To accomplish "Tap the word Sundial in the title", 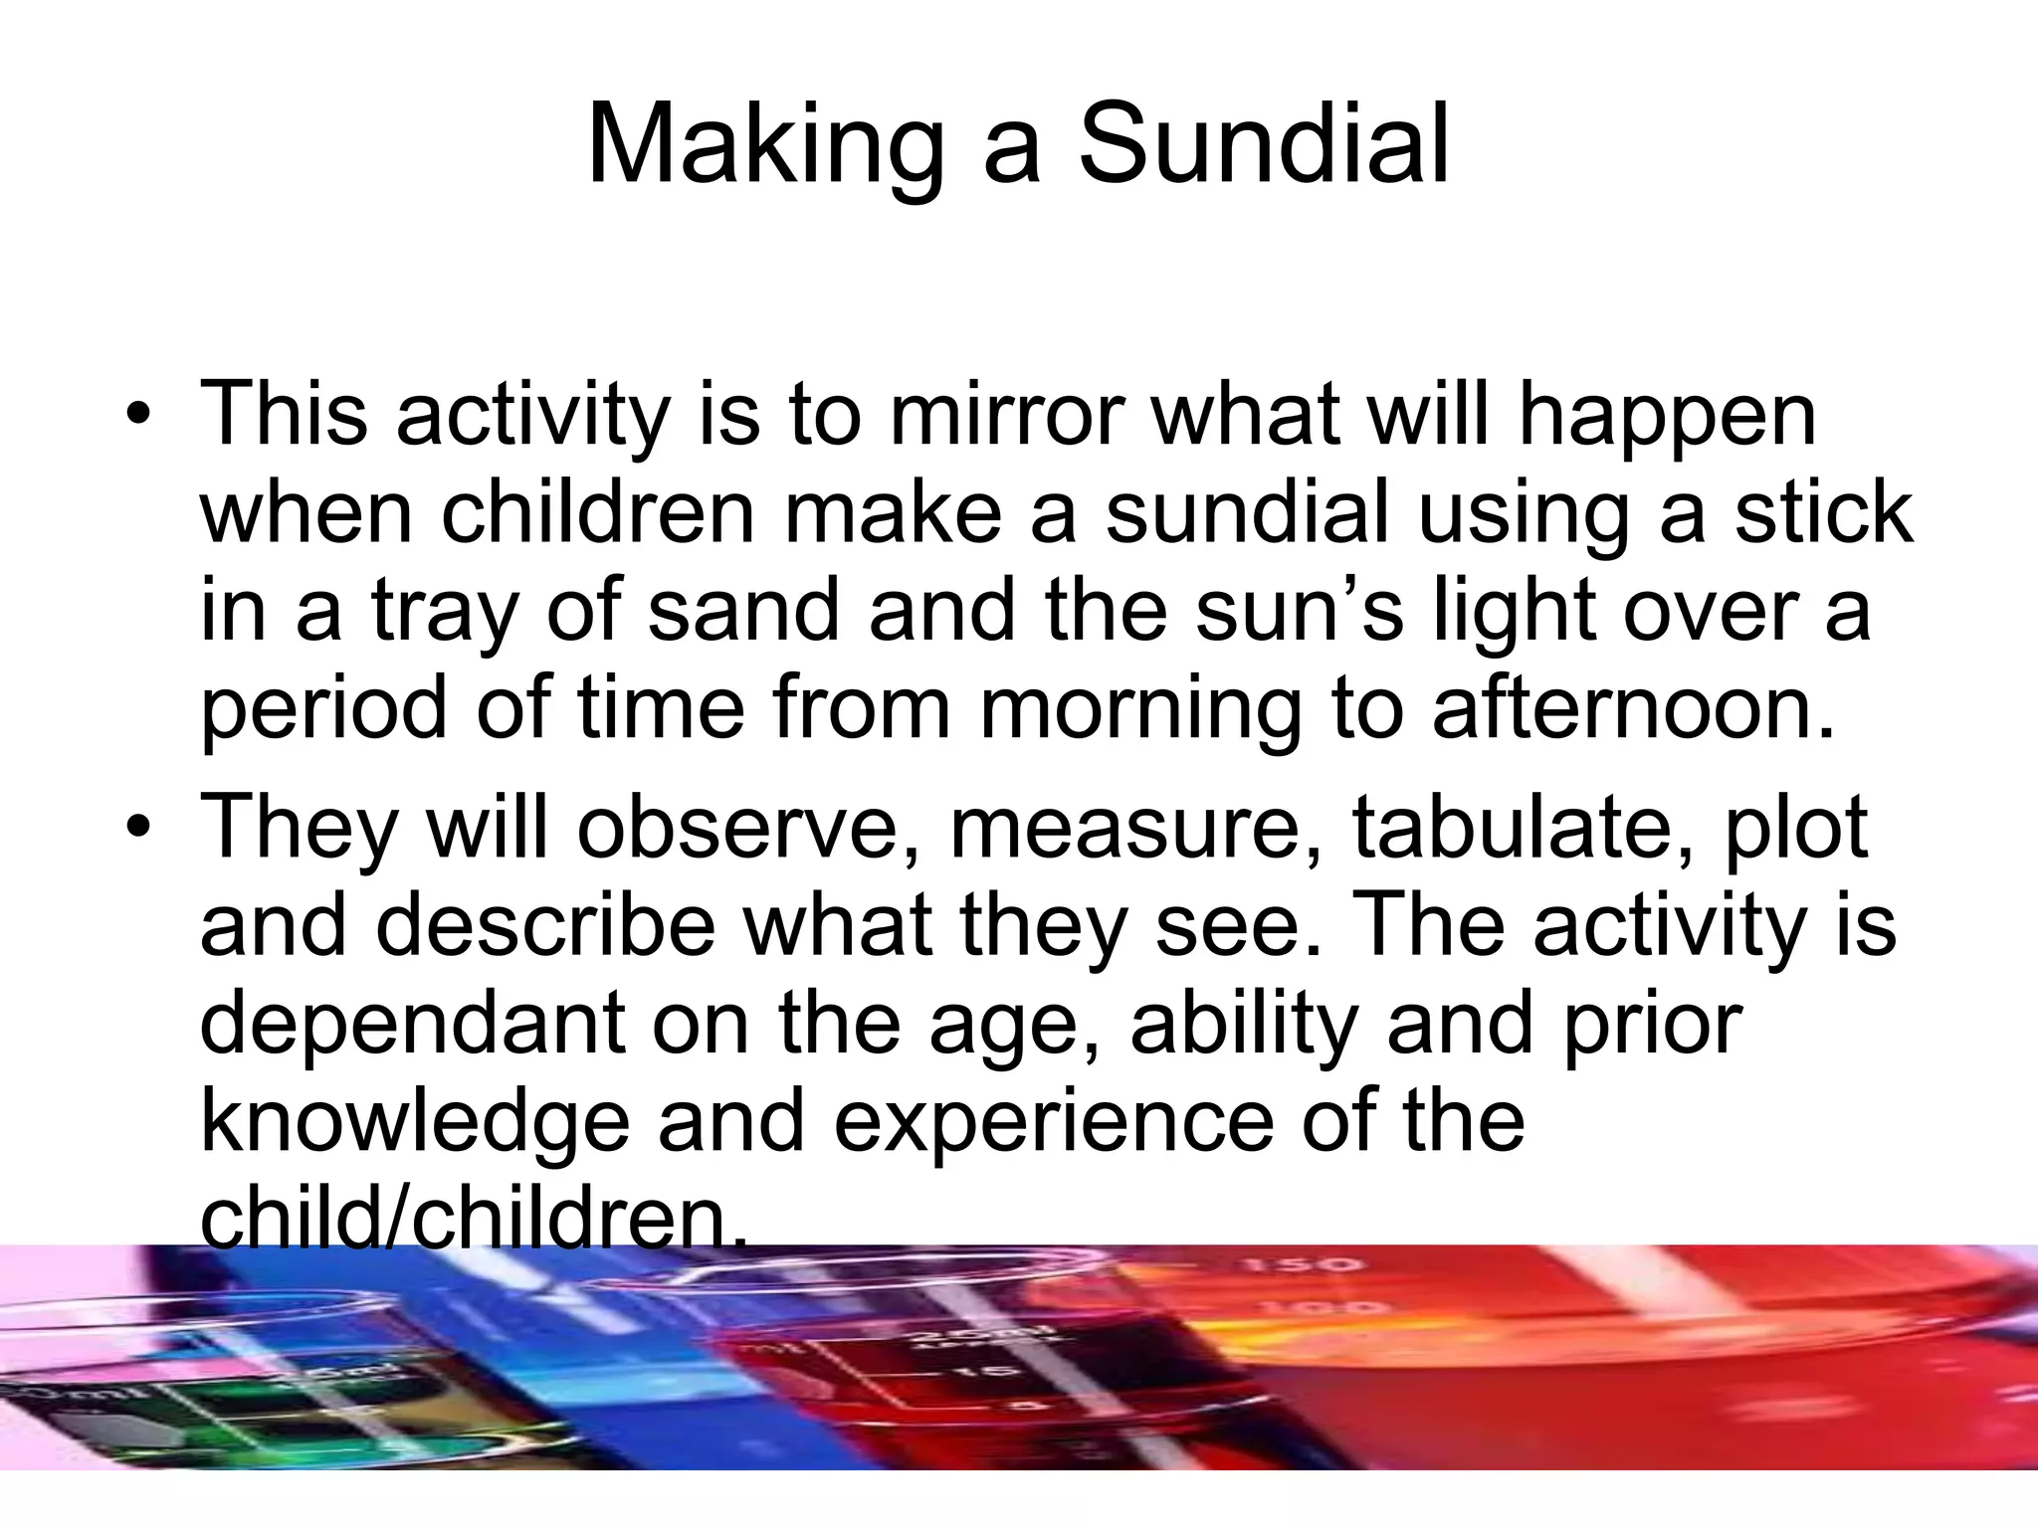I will (x=1264, y=146).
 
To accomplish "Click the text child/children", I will (x=474, y=1218).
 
